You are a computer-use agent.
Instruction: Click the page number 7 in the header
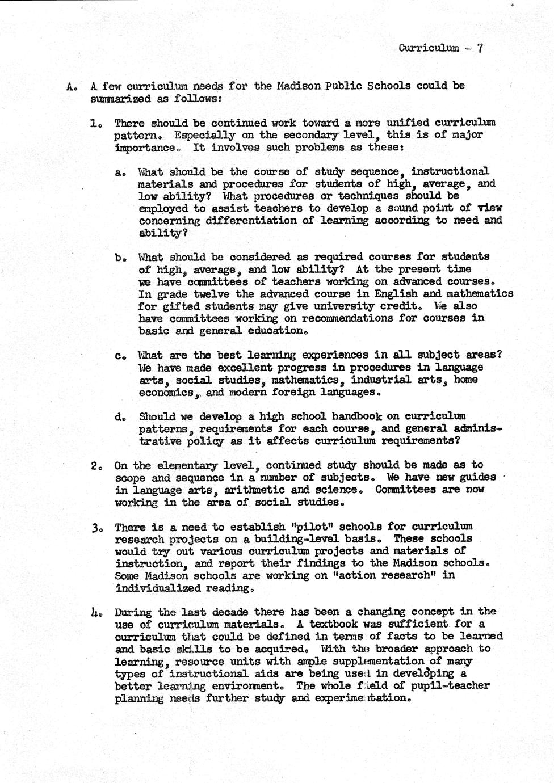click(480, 48)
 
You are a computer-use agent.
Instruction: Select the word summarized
click(119, 98)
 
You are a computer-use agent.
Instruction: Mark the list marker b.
click(119, 257)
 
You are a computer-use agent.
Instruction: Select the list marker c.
click(119, 356)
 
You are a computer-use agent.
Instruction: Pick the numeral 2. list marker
click(95, 466)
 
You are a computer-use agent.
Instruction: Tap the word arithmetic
click(256, 490)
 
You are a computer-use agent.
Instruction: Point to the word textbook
click(334, 624)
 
